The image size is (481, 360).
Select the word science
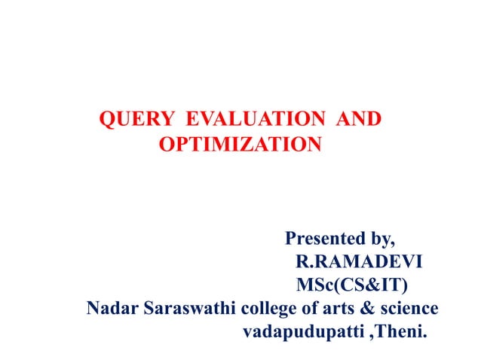point(410,307)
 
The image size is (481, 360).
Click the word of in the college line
point(313,307)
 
